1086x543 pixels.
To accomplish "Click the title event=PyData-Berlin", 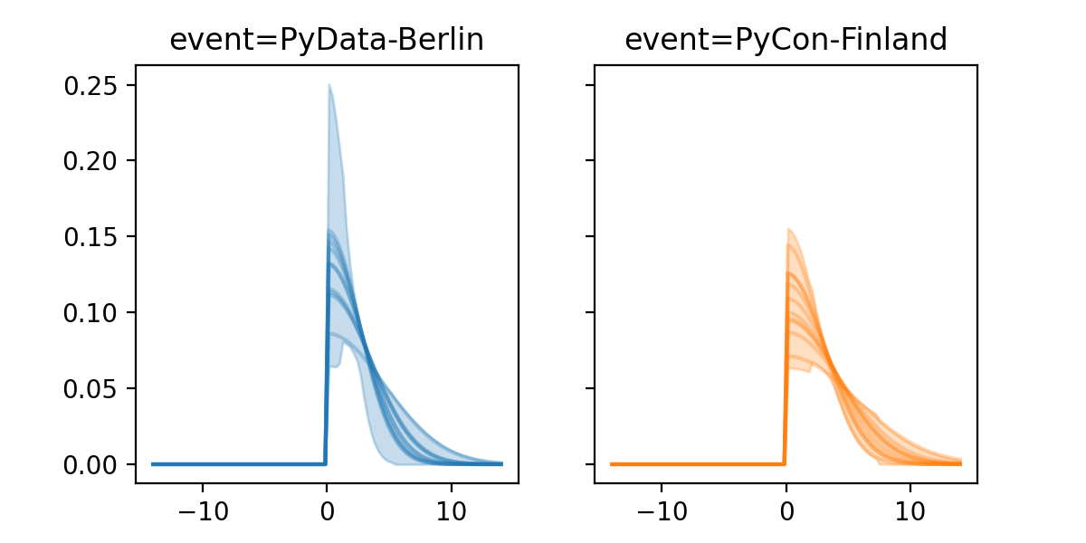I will [x=327, y=41].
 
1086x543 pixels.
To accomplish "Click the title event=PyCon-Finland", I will [x=786, y=41].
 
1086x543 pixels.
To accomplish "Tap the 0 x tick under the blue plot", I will [x=327, y=509].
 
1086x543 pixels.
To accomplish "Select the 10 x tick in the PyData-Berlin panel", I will [x=452, y=509].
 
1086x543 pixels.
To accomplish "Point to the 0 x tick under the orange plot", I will [x=786, y=509].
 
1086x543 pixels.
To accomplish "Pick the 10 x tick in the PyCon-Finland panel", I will [x=910, y=509].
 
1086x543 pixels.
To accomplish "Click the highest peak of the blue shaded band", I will [x=329, y=85].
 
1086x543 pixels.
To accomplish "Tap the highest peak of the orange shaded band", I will [x=788, y=229].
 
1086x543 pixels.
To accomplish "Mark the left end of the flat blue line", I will [x=153, y=464].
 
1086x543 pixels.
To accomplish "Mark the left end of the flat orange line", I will [x=612, y=464].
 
